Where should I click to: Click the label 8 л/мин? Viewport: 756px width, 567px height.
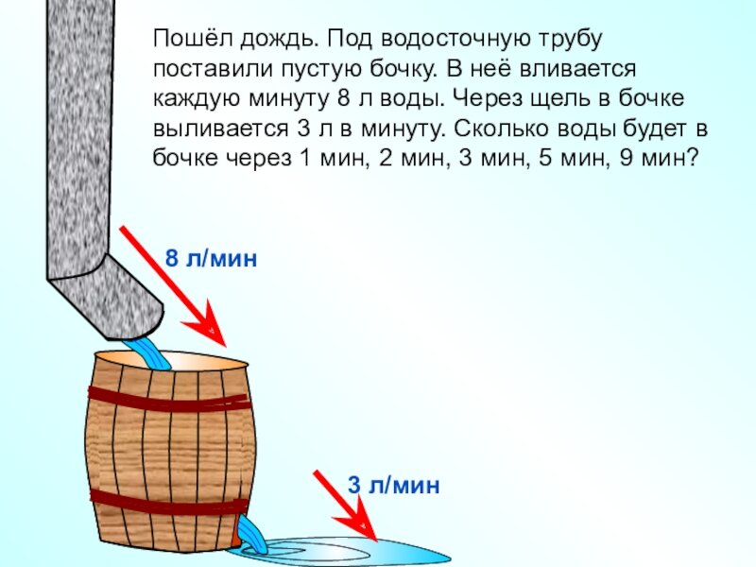click(211, 258)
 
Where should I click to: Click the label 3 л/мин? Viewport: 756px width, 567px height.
click(394, 487)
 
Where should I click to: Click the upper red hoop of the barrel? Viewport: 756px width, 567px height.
click(169, 399)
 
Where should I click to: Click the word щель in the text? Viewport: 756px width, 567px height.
click(585, 99)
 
